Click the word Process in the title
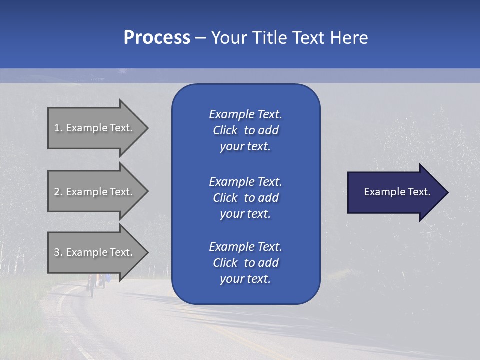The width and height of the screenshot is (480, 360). [157, 38]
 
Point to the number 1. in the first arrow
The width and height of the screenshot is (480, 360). [58, 128]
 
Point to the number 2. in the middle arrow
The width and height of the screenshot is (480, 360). [58, 192]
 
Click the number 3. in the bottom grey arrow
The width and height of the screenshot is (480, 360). [58, 252]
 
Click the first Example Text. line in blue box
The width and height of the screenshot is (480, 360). [245, 114]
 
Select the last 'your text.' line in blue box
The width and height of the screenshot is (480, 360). [245, 279]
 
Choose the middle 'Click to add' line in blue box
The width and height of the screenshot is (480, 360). [245, 198]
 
